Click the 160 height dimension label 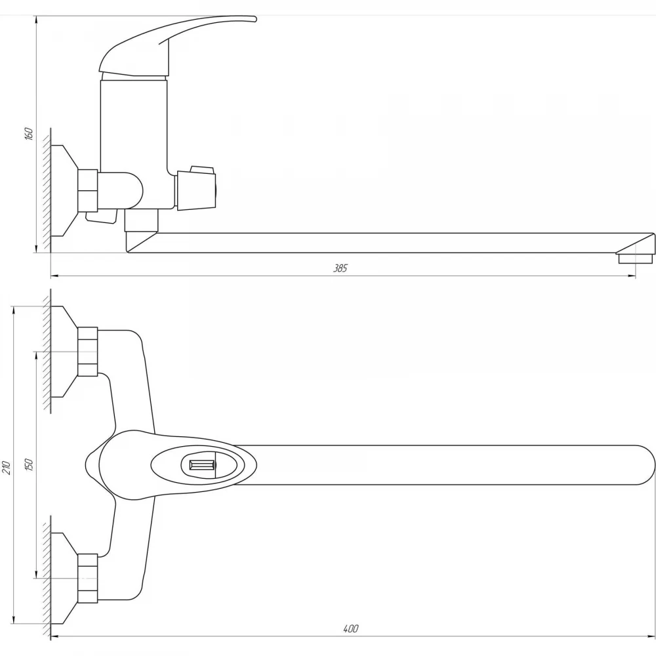28,133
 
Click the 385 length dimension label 340,268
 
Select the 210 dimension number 6,467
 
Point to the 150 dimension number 28,464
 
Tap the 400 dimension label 350,629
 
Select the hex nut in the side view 88,190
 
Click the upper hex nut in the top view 88,352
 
